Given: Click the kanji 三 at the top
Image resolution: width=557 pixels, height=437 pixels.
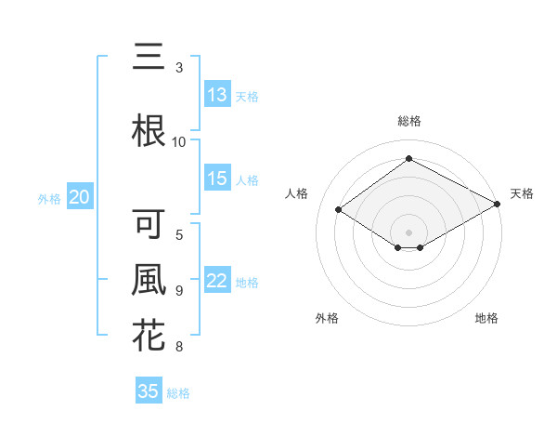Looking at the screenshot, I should point(149,58).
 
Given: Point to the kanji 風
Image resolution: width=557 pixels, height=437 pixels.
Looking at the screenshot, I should point(149,280).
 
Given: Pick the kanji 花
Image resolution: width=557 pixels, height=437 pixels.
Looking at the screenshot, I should point(149,335).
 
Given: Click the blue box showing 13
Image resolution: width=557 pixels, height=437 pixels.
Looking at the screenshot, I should point(217,95).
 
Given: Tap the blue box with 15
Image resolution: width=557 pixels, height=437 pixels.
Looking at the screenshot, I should point(217,179).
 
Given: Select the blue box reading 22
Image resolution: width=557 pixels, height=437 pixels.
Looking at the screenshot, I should point(217,282).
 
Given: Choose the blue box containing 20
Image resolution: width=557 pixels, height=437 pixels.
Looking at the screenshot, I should point(80,197).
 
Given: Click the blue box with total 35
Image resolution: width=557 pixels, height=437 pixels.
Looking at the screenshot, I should point(149,391).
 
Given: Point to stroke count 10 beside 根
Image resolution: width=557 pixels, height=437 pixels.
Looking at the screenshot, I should point(179,141).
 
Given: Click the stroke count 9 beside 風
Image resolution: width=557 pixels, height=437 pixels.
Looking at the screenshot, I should point(179,290).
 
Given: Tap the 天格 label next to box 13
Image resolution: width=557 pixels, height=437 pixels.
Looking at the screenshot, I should point(247,96).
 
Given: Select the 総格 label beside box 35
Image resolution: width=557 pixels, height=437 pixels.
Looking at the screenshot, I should point(178,393).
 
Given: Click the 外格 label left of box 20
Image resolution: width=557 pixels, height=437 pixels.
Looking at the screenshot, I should point(49,198).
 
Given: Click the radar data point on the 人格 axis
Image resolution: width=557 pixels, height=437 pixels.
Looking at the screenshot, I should point(339,210).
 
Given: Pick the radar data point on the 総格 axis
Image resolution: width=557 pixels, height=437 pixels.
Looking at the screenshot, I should point(408,159).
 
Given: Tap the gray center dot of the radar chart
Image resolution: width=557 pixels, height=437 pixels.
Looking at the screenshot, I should point(408,231).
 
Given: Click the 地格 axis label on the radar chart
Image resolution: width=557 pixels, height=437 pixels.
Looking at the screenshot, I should point(486,318).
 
